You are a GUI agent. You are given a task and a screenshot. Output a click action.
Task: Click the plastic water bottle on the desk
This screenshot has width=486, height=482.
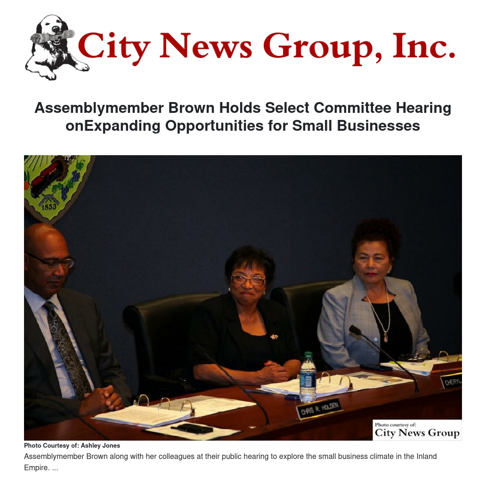coord(308,377)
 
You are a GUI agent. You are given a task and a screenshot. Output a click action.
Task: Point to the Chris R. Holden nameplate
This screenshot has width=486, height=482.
coord(319,407)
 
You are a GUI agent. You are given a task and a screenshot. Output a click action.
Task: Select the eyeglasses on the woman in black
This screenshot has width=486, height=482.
coord(248,279)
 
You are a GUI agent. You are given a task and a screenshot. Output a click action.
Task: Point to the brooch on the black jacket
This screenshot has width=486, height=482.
coord(274,337)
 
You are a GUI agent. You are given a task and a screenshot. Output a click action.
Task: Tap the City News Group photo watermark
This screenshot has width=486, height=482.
coord(417,430)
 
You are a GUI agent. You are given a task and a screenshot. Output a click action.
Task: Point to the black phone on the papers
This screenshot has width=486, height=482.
coord(193,428)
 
